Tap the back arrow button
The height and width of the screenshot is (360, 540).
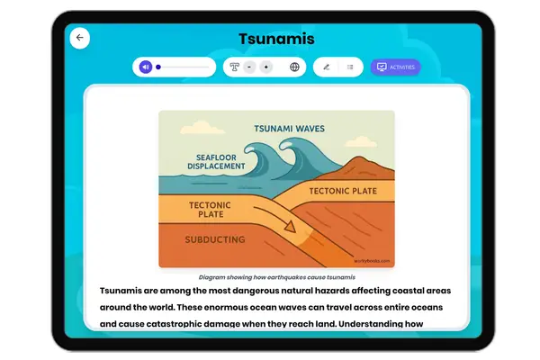pyautogui.click(x=79, y=38)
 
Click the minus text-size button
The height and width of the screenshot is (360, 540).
pyautogui.click(x=249, y=67)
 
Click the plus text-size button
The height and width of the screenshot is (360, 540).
pyautogui.click(x=265, y=67)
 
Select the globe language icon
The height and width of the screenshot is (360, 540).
pyautogui.click(x=294, y=67)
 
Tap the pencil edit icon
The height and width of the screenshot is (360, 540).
pyautogui.click(x=326, y=67)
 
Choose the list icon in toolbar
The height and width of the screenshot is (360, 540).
pyautogui.click(x=349, y=67)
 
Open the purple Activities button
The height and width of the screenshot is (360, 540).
pyautogui.click(x=395, y=67)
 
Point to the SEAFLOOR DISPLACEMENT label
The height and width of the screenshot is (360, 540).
pyautogui.click(x=216, y=160)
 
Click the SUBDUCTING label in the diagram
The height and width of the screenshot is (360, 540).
pyautogui.click(x=215, y=240)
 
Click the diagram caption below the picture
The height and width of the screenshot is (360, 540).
pyautogui.click(x=276, y=278)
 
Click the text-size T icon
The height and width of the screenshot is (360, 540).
pyautogui.click(x=235, y=67)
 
